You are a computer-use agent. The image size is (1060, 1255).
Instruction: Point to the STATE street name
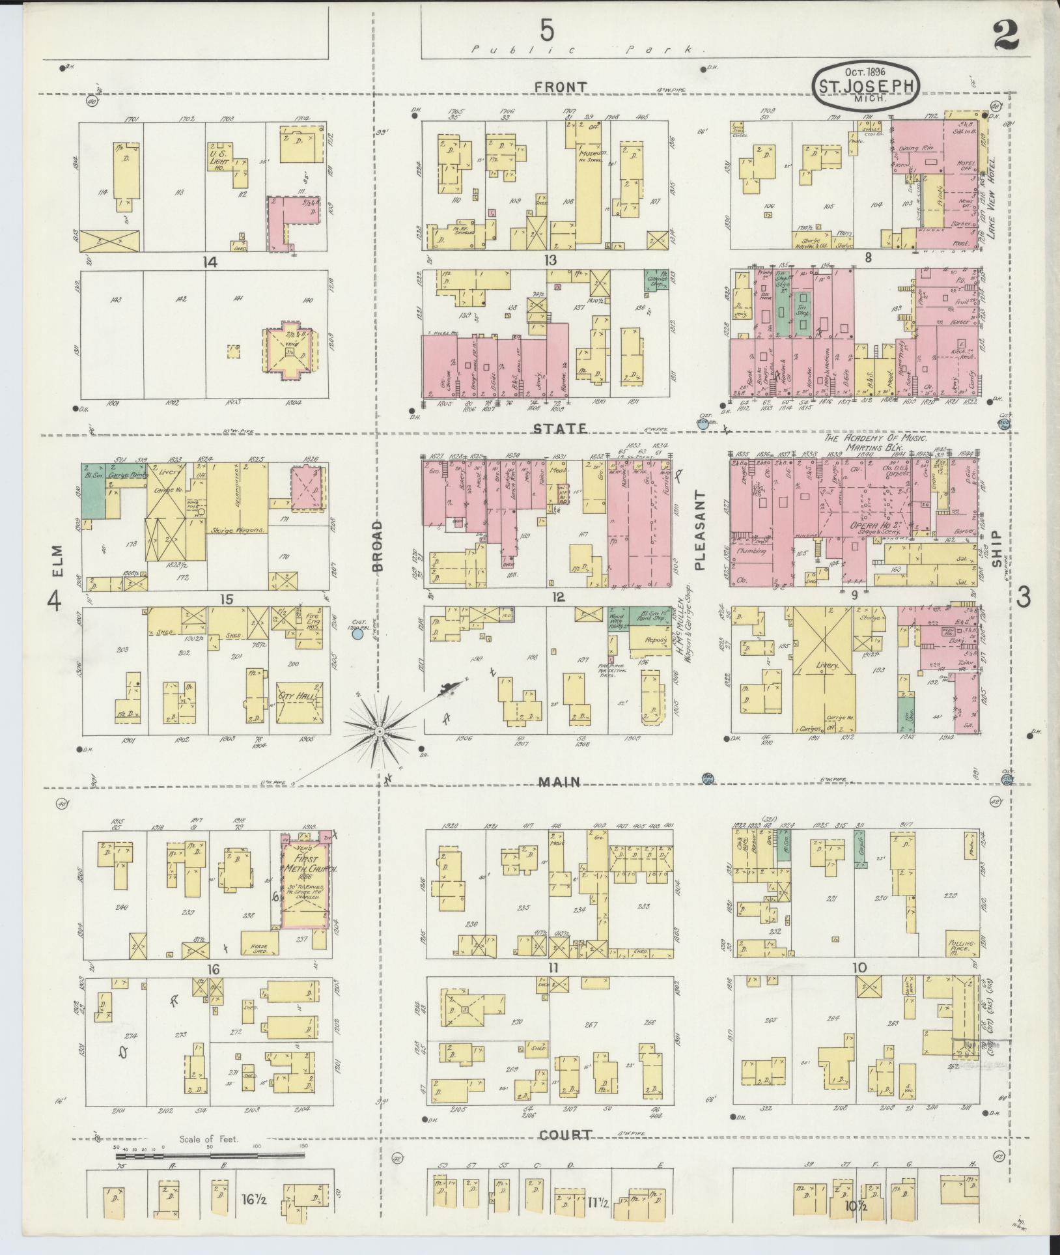tap(560, 429)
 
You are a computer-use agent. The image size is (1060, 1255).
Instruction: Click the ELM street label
tap(58, 559)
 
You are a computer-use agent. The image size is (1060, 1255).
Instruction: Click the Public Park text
tap(588, 49)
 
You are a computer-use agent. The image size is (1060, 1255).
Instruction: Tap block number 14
tap(209, 262)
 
